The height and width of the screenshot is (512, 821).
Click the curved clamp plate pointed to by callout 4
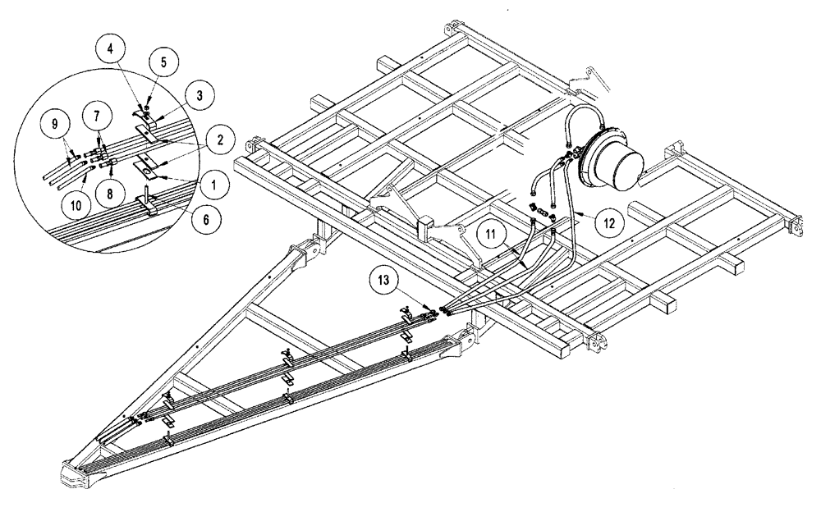[145, 108]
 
